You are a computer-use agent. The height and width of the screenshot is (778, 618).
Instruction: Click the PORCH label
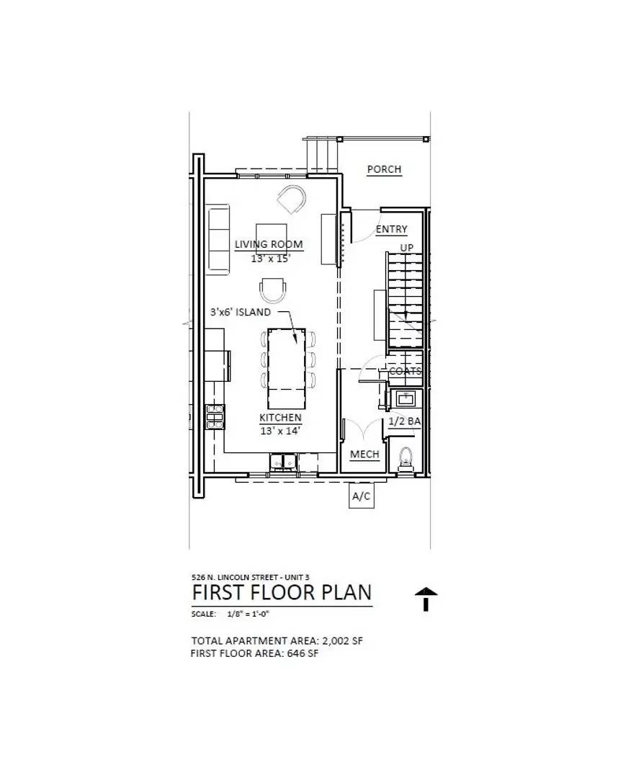pyautogui.click(x=384, y=169)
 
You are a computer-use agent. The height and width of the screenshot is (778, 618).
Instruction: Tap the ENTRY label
pyautogui.click(x=391, y=229)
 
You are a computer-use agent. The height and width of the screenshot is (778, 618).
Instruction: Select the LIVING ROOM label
pyautogui.click(x=269, y=244)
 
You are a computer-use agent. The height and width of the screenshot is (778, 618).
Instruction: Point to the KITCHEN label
pyautogui.click(x=280, y=417)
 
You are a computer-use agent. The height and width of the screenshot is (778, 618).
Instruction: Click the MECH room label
pyautogui.click(x=364, y=455)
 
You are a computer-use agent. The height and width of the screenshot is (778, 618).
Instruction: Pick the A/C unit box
pyautogui.click(x=361, y=496)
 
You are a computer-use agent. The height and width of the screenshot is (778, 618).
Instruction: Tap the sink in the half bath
pyautogui.click(x=404, y=398)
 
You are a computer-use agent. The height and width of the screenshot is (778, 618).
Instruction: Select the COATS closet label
pyautogui.click(x=405, y=371)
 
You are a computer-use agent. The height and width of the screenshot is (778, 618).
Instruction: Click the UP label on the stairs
pyautogui.click(x=407, y=249)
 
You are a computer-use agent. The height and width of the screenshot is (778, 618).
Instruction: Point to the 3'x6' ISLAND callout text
pyautogui.click(x=241, y=312)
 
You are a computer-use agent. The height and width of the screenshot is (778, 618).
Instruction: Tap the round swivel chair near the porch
pyautogui.click(x=292, y=199)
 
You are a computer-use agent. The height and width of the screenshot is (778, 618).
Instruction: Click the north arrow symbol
pyautogui.click(x=426, y=599)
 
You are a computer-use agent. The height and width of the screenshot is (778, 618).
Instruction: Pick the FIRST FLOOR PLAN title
pyautogui.click(x=282, y=592)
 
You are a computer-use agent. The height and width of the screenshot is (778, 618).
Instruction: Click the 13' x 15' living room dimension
pyautogui.click(x=270, y=258)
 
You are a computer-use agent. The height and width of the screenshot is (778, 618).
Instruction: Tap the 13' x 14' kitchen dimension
pyautogui.click(x=280, y=431)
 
